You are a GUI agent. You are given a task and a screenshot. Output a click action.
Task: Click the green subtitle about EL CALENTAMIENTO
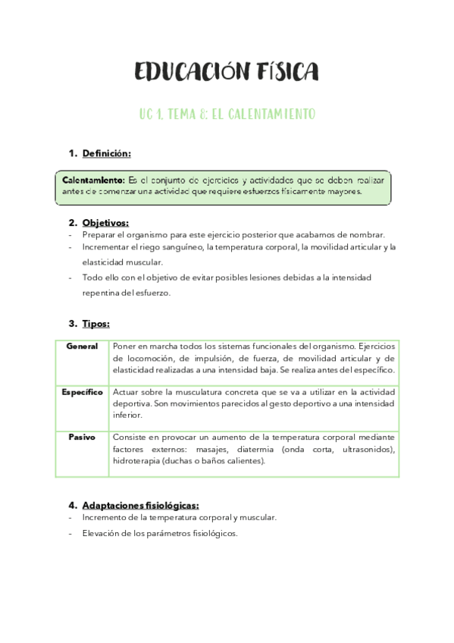pos(227,114)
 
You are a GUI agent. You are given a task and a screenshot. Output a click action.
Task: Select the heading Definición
pos(106,153)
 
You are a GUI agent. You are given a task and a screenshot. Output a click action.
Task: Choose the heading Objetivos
pos(105,222)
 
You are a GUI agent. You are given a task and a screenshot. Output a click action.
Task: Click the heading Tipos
pos(95,323)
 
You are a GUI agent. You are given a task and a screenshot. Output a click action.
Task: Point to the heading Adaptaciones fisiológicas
pos(140,504)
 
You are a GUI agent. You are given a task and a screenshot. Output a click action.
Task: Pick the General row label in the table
pos(82,347)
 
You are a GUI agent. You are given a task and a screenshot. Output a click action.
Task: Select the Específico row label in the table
pos(82,392)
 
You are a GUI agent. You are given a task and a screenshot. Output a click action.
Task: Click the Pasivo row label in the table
pos(82,437)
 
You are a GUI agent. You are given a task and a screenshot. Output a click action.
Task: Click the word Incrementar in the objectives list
pos(105,247)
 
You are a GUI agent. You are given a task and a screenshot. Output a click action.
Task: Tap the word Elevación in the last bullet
pos(101,533)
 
